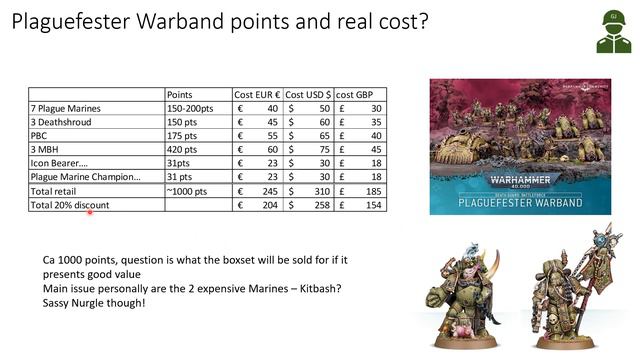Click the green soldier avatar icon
point(605,34)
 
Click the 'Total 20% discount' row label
point(70,204)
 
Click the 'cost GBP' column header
point(359,94)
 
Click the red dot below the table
point(90,213)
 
